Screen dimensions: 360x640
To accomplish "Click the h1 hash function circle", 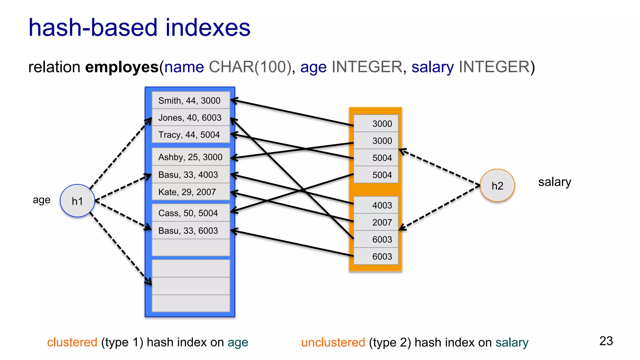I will [77, 201].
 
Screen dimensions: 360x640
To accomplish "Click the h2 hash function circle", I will [497, 186].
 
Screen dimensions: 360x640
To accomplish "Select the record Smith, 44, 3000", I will [189, 101].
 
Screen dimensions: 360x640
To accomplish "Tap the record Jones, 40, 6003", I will [190, 118].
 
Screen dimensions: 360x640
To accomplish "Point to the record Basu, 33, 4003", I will [188, 175].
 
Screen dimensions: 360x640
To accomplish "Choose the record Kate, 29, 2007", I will [187, 192].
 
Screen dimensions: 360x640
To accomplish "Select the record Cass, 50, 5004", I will [188, 213].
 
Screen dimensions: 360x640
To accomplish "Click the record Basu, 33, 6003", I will [188, 231].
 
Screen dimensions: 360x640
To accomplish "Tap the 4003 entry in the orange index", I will [382, 205].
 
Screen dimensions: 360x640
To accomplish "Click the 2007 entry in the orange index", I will [382, 222].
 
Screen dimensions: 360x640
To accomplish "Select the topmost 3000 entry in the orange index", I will [382, 124].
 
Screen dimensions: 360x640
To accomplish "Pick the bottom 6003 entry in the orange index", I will [382, 257].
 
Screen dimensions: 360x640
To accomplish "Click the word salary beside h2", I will [554, 182].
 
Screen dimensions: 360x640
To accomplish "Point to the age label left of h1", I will [42, 200].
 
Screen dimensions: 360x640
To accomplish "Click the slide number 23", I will [606, 341].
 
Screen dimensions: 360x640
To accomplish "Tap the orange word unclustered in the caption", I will [333, 342].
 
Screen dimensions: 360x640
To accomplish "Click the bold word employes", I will [122, 67].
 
